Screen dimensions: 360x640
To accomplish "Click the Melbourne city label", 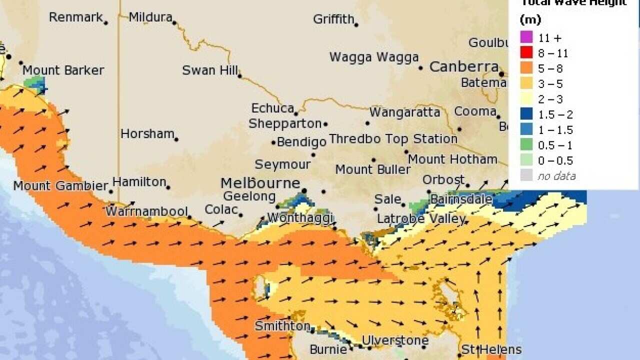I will tap(260, 183).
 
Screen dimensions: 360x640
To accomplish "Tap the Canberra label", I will tap(463, 66).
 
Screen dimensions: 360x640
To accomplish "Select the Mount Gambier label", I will tap(60, 186).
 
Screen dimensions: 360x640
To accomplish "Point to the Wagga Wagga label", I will tap(373, 57).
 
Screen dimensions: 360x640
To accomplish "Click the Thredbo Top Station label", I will tap(393, 138).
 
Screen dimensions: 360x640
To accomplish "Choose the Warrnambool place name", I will tap(146, 211).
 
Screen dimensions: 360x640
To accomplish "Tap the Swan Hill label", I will tap(209, 70).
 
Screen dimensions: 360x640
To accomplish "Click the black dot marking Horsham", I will tap(176, 139).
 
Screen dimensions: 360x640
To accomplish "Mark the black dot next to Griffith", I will tap(356, 24).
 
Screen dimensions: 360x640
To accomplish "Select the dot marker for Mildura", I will tap(174, 22).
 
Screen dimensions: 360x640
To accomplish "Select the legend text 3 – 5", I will tap(550, 83).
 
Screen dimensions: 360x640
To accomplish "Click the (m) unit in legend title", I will tap(530, 20).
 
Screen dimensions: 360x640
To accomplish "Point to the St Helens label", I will tap(491, 349).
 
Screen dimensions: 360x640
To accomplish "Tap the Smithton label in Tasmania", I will tap(282, 326).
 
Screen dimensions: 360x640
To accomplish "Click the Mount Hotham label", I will tap(452, 159).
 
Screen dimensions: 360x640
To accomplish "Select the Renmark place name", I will tap(75, 17).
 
